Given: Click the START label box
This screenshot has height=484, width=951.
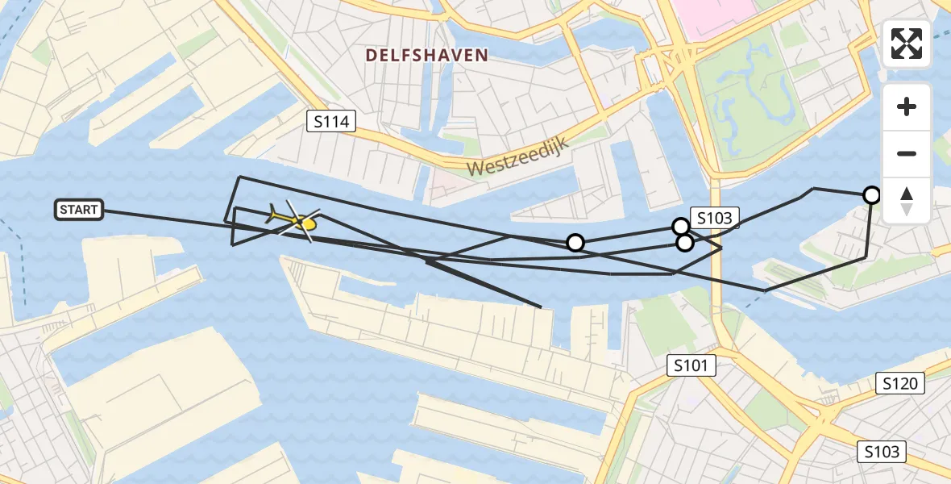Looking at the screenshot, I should coord(79,210).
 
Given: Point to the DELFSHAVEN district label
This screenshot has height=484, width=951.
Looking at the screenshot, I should coord(426,55).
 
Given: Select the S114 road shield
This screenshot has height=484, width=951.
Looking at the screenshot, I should coord(331,122).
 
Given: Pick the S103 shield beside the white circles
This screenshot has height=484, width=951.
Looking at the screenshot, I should coord(715,218).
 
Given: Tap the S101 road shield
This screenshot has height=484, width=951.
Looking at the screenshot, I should coord(691,366).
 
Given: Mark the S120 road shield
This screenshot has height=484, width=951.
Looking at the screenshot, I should coord(900,384).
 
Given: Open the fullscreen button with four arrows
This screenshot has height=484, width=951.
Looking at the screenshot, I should coord(907,44).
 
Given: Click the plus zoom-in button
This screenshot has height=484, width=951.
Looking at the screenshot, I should coord(907,106).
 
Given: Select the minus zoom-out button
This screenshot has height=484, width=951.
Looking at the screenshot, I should coord(907,153).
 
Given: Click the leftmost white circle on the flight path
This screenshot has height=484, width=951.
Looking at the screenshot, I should coord(575,242).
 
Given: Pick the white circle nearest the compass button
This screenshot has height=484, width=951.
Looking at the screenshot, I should coord(871,194).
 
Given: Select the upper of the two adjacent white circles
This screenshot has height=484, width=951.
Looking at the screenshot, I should coord(680,227).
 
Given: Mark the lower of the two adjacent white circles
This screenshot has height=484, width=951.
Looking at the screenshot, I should coord(684,242).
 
